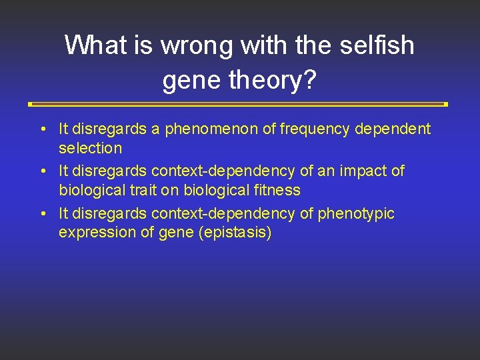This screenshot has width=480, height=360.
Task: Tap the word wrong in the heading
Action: pos(197,45)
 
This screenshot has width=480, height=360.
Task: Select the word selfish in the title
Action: pos(378,45)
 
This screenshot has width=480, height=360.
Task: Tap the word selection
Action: pos(90,148)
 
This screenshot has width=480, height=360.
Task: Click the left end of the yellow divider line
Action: pos(31,105)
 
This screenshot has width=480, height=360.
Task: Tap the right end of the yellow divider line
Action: pos(445,105)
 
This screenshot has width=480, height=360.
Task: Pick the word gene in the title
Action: pos(192,80)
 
